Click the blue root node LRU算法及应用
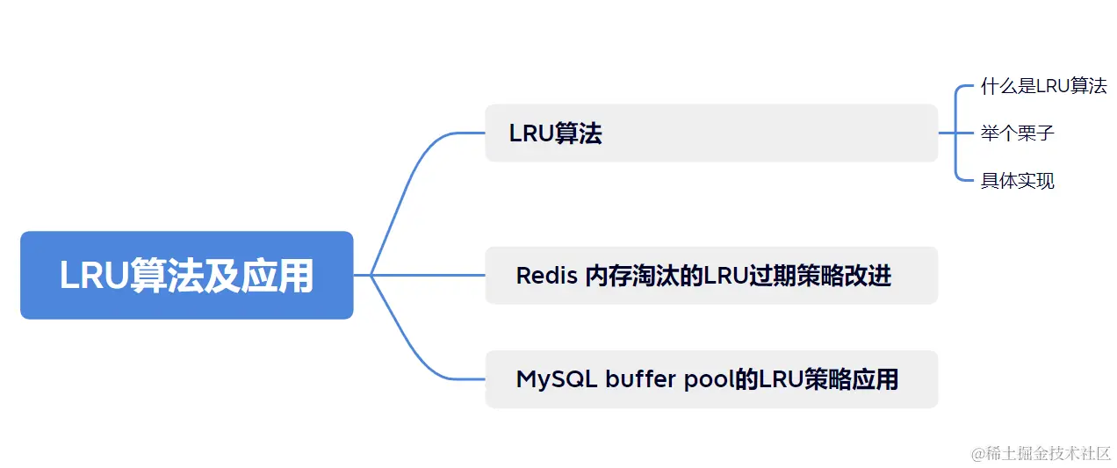point(186,275)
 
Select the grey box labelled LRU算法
point(711,133)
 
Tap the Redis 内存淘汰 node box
point(711,276)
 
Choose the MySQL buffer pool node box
point(711,379)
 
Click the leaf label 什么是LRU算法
point(1043,86)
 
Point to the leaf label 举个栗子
point(1017,133)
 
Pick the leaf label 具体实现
point(1017,181)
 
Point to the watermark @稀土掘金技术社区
point(1041,453)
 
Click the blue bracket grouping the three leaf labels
point(955,133)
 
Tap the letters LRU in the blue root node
point(94,276)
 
